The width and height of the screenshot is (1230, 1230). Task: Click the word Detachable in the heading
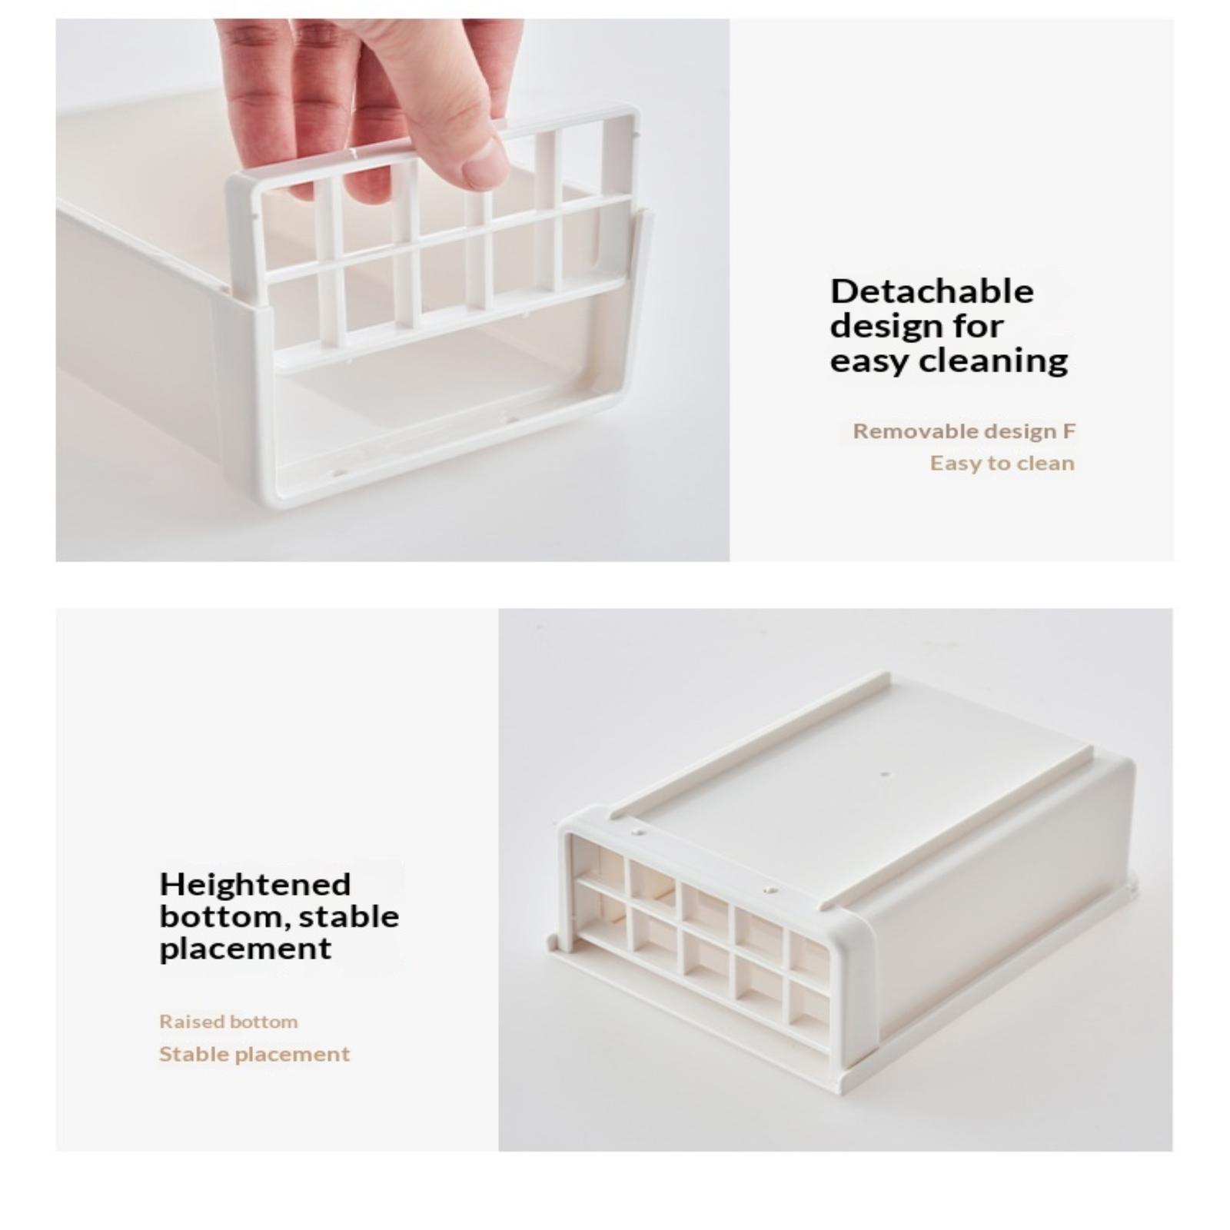(932, 291)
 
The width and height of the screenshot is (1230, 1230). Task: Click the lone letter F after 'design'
(1069, 431)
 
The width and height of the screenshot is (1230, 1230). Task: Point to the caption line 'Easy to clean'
(1002, 464)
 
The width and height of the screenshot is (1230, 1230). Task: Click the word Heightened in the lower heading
(255, 884)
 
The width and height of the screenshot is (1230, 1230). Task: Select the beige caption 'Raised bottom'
(228, 1022)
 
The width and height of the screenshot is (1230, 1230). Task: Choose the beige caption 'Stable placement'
(254, 1054)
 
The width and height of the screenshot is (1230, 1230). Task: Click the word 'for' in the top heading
(978, 325)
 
